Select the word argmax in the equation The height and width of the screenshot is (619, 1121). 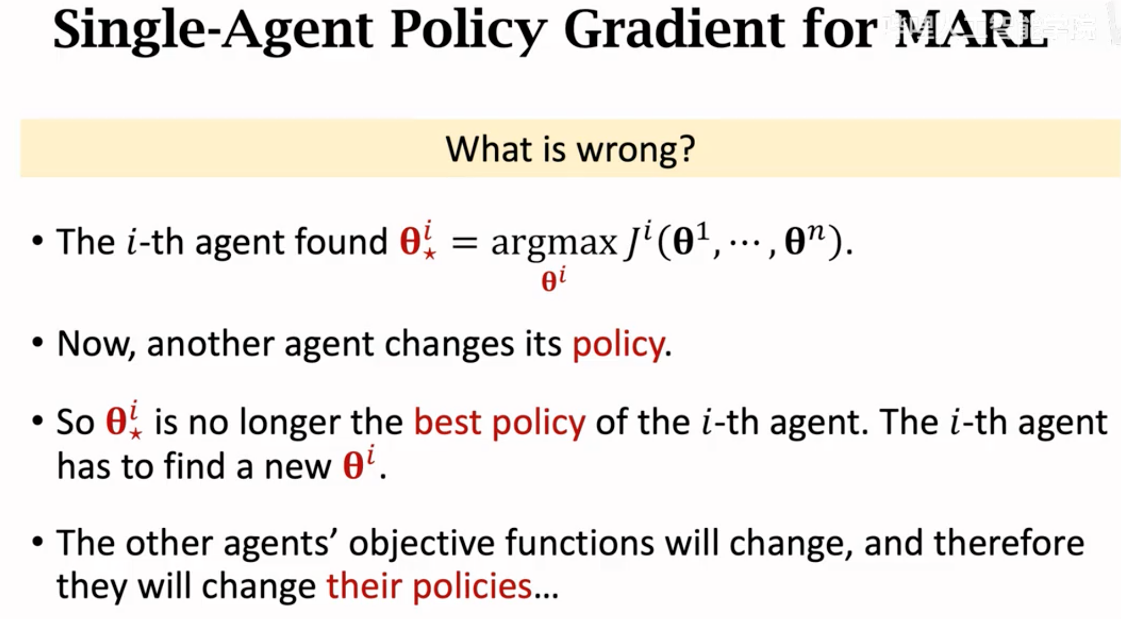coord(554,244)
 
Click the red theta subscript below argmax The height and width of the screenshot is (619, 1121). coord(554,280)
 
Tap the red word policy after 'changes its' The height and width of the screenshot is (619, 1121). coord(618,345)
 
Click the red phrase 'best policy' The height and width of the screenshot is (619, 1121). coord(500,423)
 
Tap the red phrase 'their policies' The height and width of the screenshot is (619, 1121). coord(429,585)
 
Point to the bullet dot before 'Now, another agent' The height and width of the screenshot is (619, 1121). coord(38,342)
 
